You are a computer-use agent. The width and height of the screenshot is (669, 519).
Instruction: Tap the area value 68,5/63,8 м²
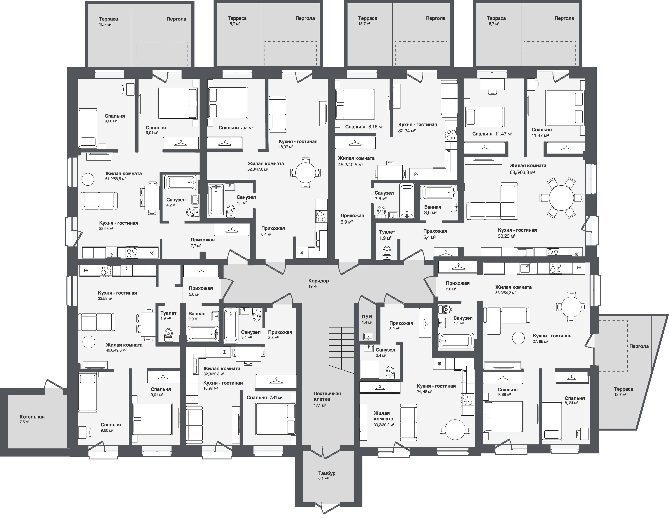pyautogui.click(x=522, y=172)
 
